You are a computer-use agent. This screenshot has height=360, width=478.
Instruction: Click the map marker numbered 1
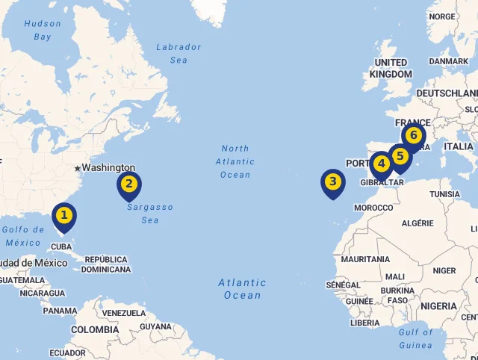click(x=64, y=217)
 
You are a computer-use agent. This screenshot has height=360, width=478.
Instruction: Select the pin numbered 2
click(x=129, y=184)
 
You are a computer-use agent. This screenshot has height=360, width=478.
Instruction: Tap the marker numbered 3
click(x=333, y=182)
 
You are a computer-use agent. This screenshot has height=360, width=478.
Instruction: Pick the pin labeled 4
click(x=382, y=164)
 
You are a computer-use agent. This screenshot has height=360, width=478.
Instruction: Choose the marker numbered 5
click(x=401, y=157)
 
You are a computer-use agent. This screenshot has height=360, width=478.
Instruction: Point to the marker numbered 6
click(x=413, y=136)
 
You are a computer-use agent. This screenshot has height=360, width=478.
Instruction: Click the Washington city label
click(x=108, y=168)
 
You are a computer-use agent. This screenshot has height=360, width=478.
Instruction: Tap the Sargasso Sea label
click(x=149, y=214)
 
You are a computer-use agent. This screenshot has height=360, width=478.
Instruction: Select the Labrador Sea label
click(x=179, y=53)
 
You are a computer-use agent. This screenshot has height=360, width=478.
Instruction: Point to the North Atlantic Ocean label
click(x=235, y=161)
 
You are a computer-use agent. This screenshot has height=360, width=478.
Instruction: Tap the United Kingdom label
click(x=391, y=68)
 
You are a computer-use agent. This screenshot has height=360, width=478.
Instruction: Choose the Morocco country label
click(x=373, y=208)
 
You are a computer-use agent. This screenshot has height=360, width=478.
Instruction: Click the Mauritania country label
click(x=365, y=259)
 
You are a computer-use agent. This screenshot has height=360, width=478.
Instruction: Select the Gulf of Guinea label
click(x=415, y=338)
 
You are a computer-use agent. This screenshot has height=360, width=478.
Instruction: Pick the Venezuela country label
click(x=123, y=313)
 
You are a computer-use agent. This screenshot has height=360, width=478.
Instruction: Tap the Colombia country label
click(x=95, y=329)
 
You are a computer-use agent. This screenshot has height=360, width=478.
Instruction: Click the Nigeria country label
click(x=438, y=306)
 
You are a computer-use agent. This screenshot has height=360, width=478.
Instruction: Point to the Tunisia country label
click(x=445, y=194)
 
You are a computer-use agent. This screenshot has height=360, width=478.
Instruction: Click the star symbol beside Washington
click(x=77, y=169)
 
